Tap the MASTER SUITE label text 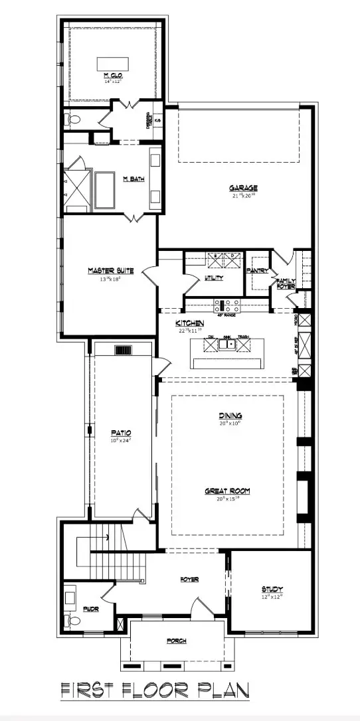tap(111, 270)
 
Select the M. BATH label tap(134, 179)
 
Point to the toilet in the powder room tap(73, 621)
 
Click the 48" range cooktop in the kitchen tap(227, 306)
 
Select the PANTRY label tap(256, 271)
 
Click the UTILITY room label tap(214, 278)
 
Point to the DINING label tap(230, 416)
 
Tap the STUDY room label tap(272, 589)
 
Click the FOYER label tap(189, 579)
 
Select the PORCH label tap(176, 641)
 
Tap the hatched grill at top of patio tap(124, 351)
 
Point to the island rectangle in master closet tap(114, 63)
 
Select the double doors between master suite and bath tap(135, 217)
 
